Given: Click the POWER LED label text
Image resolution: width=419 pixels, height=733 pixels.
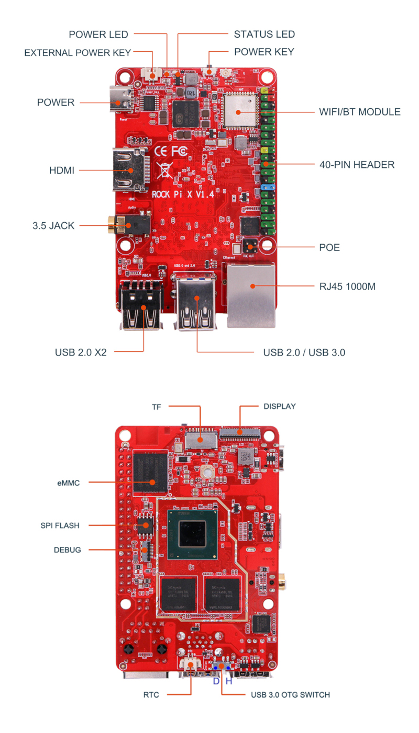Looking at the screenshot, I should [98, 35].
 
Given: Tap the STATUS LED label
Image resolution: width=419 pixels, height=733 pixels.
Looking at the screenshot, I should [264, 35].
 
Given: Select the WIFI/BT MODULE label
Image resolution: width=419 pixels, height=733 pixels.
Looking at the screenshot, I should [359, 112].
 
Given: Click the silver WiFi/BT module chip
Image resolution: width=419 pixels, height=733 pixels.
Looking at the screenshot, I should [239, 110].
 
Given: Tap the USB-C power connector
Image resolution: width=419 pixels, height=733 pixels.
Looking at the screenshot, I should [122, 102].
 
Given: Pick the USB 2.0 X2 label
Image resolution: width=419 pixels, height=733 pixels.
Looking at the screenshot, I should [81, 352].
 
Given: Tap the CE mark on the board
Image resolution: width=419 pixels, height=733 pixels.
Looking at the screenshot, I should [161, 152].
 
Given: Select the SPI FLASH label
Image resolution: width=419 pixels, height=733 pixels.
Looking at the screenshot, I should [60, 525].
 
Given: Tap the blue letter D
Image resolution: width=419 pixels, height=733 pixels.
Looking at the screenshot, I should [216, 681].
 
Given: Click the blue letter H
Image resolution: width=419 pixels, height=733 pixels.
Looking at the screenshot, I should [228, 681].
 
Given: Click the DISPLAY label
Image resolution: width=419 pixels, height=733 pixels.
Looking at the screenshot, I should [280, 406].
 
